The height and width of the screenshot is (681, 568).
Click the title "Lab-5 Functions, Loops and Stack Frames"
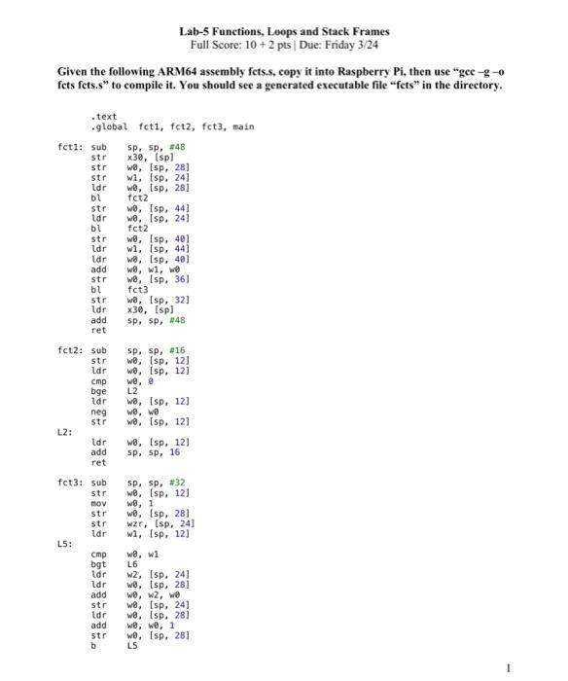tap(284, 31)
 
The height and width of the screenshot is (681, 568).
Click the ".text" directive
tap(102, 117)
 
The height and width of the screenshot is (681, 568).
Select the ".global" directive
tap(110, 126)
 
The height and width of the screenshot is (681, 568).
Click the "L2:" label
tap(63, 434)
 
